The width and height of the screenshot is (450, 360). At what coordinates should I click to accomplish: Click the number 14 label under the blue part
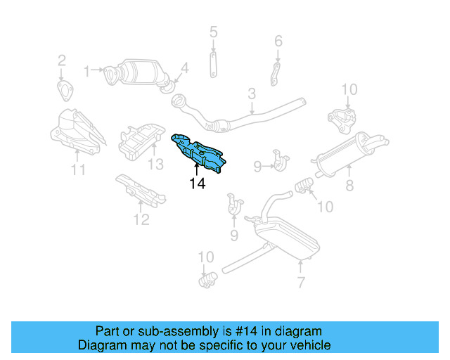pos(197,184)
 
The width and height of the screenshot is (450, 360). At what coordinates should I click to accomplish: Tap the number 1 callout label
pos(87,70)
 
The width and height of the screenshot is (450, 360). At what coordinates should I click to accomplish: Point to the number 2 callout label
pos(61,60)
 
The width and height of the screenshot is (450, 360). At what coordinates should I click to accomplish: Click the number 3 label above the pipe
pos(251,94)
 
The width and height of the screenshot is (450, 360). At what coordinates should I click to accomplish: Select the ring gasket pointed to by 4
pos(167,86)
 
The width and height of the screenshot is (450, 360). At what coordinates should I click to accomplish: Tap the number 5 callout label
pos(214,32)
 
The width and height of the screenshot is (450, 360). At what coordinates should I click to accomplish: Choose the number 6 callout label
pos(278,41)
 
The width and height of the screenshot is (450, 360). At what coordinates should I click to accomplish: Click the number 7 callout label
pos(301,283)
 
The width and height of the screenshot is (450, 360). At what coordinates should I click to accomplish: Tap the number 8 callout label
pos(349,186)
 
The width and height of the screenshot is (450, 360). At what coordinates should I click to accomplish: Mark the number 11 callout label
pos(78,169)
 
